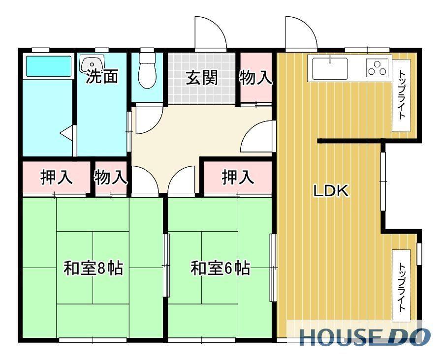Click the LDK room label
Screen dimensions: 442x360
coord(331,191)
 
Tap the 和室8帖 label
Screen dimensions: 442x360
coord(93,268)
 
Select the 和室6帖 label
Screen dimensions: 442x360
coord(220,268)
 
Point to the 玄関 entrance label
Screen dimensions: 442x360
coord(201,77)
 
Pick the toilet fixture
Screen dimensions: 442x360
coord(148,69)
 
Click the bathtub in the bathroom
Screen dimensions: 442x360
coord(49,66)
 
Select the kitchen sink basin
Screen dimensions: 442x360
coord(329,68)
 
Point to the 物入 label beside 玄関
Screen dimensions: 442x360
coord(256,77)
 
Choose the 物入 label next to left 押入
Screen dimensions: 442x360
coord(110,177)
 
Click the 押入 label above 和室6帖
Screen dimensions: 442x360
coord(238,177)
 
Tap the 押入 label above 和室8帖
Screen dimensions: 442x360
coord(57,177)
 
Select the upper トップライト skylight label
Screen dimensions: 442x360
coord(402,95)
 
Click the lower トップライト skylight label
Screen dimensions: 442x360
coord(402,287)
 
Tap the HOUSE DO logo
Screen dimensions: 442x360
coord(365,337)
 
